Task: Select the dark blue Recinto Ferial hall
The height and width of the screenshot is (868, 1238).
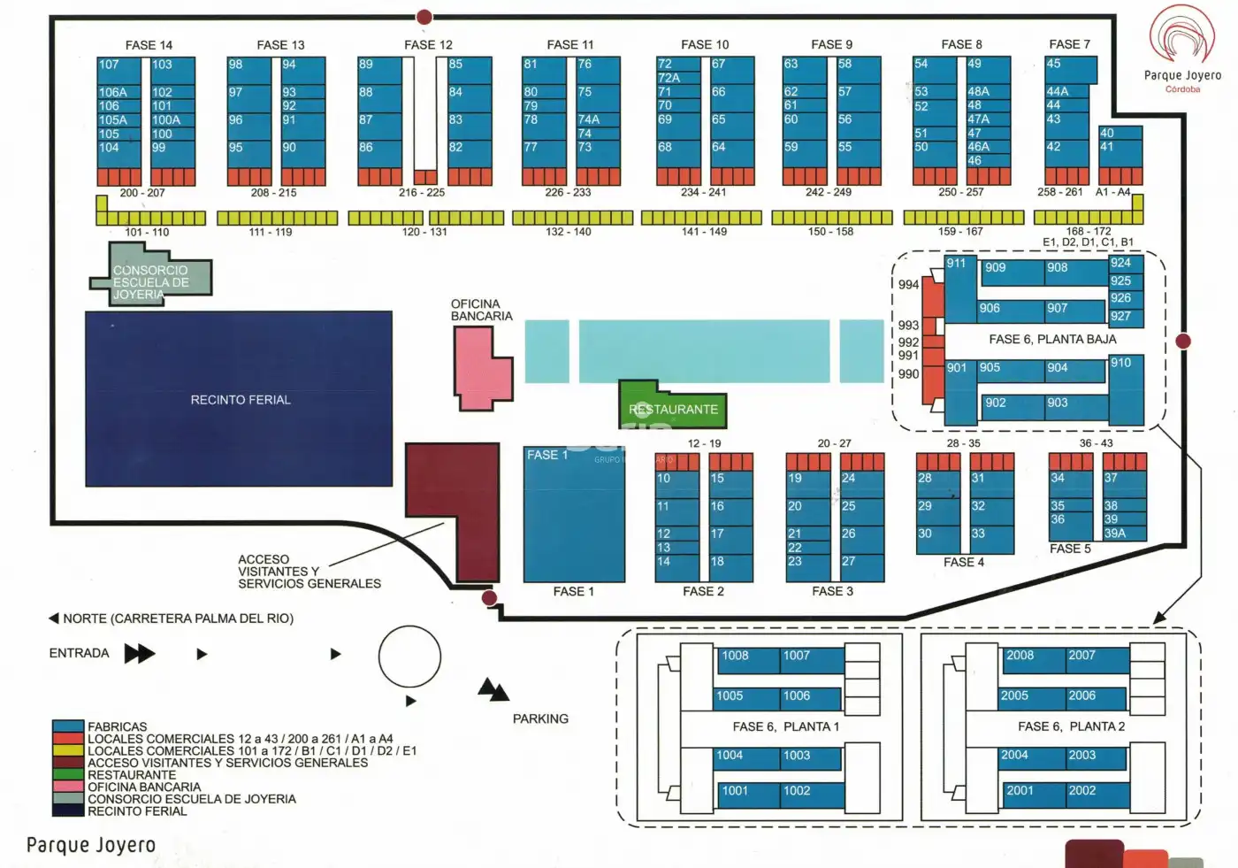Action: click(239, 399)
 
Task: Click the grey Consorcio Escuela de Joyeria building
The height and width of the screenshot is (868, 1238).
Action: click(152, 276)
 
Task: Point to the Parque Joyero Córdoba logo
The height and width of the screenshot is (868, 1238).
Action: click(1182, 49)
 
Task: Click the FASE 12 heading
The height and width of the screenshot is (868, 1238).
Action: click(428, 45)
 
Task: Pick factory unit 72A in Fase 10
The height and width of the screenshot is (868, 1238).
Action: click(678, 77)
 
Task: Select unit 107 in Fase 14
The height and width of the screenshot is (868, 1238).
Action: click(118, 71)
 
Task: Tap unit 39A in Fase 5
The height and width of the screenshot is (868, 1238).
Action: click(1125, 533)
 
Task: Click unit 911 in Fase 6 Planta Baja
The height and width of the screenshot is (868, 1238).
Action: click(960, 288)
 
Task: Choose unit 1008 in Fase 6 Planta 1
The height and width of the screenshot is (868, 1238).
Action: click(748, 660)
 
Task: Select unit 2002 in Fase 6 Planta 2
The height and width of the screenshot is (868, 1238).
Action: click(1097, 795)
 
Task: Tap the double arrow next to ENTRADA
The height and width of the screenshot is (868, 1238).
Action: click(140, 654)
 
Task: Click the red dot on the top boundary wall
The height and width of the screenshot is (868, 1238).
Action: click(424, 17)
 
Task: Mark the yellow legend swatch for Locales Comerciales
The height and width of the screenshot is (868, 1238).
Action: click(68, 750)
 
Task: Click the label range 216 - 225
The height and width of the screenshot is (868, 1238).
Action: click(422, 192)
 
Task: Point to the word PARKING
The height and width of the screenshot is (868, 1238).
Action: click(540, 718)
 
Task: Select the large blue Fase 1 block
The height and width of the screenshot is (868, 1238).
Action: click(574, 514)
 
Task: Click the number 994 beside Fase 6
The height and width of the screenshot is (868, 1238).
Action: click(908, 285)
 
